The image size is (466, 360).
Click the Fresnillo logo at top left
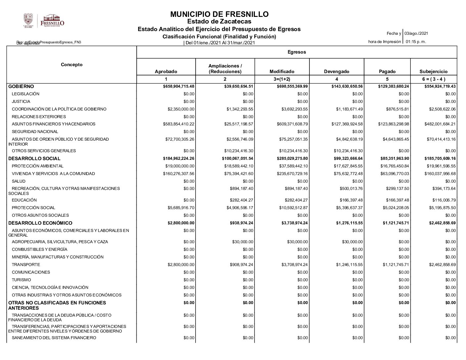[52, 21]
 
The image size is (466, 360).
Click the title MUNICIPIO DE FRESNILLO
[219, 14]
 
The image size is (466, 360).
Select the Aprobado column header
[166, 71]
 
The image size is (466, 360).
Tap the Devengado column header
[336, 71]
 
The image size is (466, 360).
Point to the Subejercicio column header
[433, 71]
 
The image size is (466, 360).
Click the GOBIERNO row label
[21, 86]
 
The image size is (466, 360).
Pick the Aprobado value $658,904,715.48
[179, 86]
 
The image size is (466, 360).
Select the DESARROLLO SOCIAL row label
[34, 158]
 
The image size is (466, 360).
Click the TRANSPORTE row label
[26, 265]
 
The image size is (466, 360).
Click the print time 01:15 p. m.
[416, 42]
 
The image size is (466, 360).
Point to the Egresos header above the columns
[297, 52]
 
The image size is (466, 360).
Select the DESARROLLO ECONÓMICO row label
[40, 223]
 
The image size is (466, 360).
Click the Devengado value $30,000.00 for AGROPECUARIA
[352, 242]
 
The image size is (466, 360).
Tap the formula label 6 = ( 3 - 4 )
[433, 79]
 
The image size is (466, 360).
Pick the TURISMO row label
[21, 280]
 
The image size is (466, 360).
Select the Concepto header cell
[71, 65]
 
